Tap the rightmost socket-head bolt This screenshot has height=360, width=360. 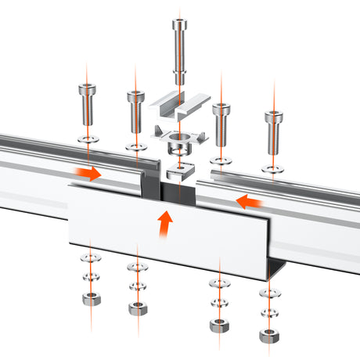[273, 128]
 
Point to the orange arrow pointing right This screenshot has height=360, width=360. [88, 173]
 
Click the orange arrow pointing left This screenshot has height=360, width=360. [250, 203]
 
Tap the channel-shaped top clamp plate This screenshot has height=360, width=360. [179, 103]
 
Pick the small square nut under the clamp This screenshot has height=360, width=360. [179, 171]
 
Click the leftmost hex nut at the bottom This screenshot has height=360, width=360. [90, 298]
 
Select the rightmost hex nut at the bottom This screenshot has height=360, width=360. [270, 334]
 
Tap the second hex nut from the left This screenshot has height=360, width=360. [138, 307]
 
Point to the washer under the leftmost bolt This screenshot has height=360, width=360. [87, 138]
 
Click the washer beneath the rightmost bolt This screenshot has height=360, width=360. [273, 167]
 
